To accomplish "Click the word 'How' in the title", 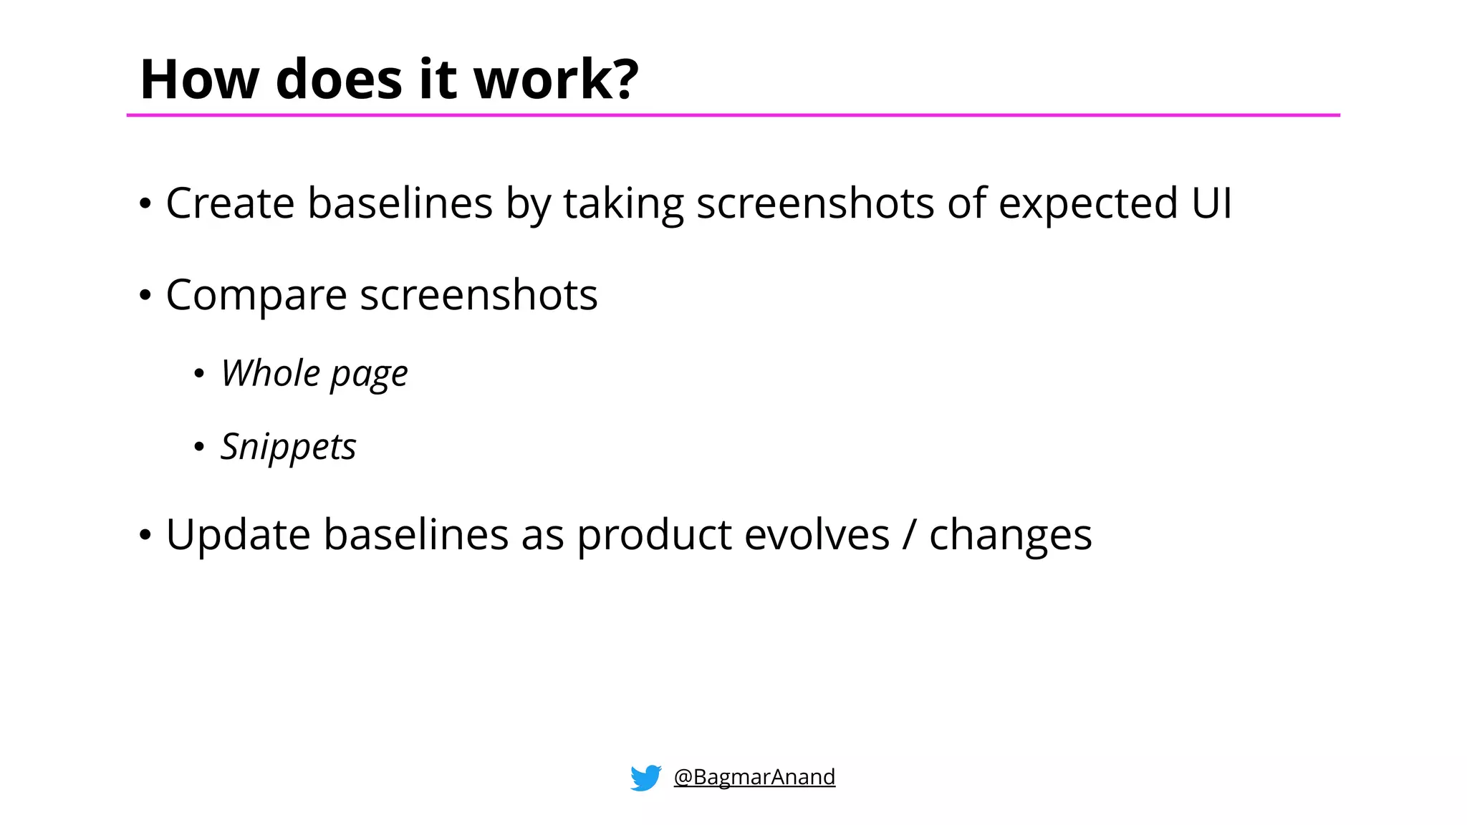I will coord(199,79).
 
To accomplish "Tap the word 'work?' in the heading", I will coord(556,79).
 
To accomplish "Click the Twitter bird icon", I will coord(645,777).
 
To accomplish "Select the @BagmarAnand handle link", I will coord(754,777).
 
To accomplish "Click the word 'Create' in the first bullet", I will coord(230,203).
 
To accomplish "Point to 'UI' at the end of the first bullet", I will coord(1211,203).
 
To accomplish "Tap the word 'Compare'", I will coord(256,296).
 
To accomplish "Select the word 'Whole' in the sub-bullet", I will coord(270,373).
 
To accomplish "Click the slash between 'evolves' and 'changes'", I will coord(909,536).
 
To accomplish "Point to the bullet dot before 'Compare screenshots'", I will coord(145,296).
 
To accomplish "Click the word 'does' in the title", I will coord(339,79).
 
